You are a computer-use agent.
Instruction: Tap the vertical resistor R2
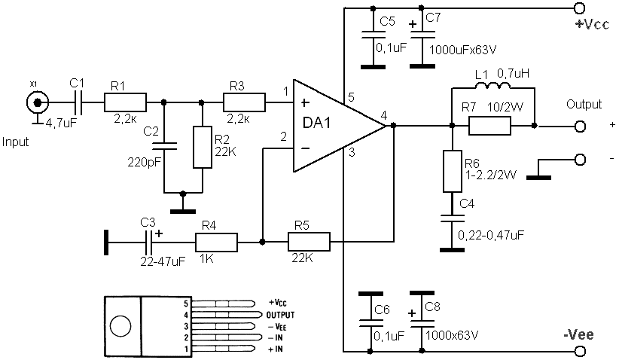(x=203, y=148)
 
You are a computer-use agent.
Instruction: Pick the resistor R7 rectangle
(x=490, y=126)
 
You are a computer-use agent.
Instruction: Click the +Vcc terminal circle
(x=580, y=9)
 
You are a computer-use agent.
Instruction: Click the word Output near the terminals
(x=584, y=104)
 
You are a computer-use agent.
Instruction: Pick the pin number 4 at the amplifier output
(x=384, y=116)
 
